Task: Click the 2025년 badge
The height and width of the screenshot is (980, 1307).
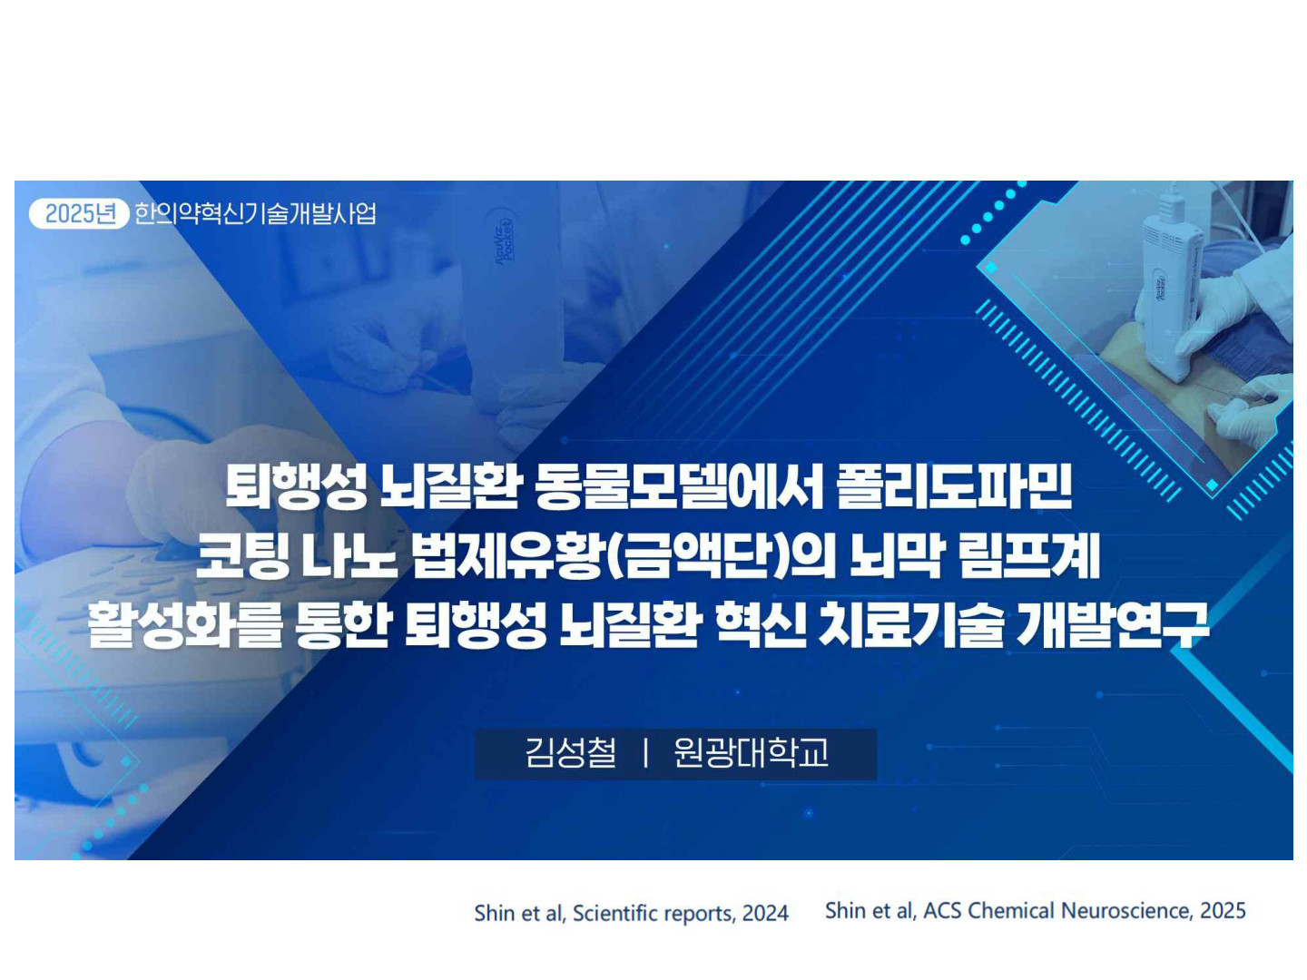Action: pos(79,213)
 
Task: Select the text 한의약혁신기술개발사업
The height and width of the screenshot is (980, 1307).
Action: pos(255,213)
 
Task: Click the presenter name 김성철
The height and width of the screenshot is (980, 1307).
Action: pos(570,752)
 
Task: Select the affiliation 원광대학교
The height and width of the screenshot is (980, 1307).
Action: pos(751,752)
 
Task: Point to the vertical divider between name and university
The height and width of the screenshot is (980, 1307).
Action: pos(645,753)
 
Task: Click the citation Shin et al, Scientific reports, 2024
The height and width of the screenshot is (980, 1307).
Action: pos(631,913)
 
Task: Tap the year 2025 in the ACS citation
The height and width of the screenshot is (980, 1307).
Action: pos(1223,910)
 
